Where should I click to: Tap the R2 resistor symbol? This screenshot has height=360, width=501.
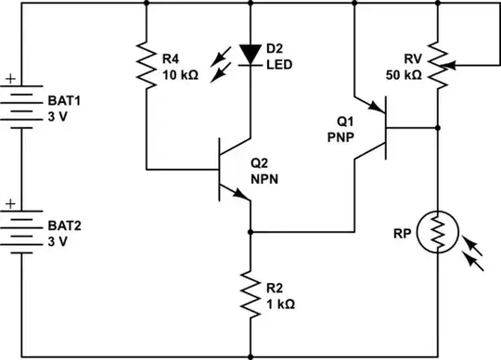pos(250,293)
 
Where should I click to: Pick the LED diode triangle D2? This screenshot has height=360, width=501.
pos(250,54)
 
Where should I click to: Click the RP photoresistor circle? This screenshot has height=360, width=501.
pos(437,233)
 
